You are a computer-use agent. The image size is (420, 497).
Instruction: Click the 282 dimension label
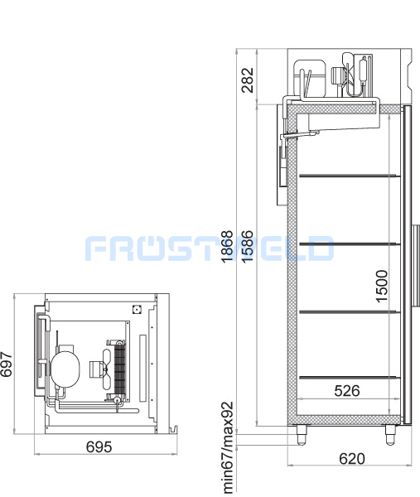point(247,80)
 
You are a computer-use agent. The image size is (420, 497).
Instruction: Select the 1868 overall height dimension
point(227,247)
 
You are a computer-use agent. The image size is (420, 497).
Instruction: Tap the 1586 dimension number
point(247,247)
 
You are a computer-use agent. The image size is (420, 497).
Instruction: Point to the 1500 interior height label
point(382,287)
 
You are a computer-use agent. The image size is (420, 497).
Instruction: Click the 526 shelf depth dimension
point(347,390)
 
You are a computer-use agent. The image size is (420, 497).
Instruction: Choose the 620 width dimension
point(352,458)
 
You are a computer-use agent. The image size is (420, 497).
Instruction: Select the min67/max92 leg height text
point(229,447)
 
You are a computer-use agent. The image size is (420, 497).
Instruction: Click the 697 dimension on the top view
point(7,364)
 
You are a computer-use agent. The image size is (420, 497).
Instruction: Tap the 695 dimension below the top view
point(99,447)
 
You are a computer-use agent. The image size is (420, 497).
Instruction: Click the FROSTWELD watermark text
point(210,248)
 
